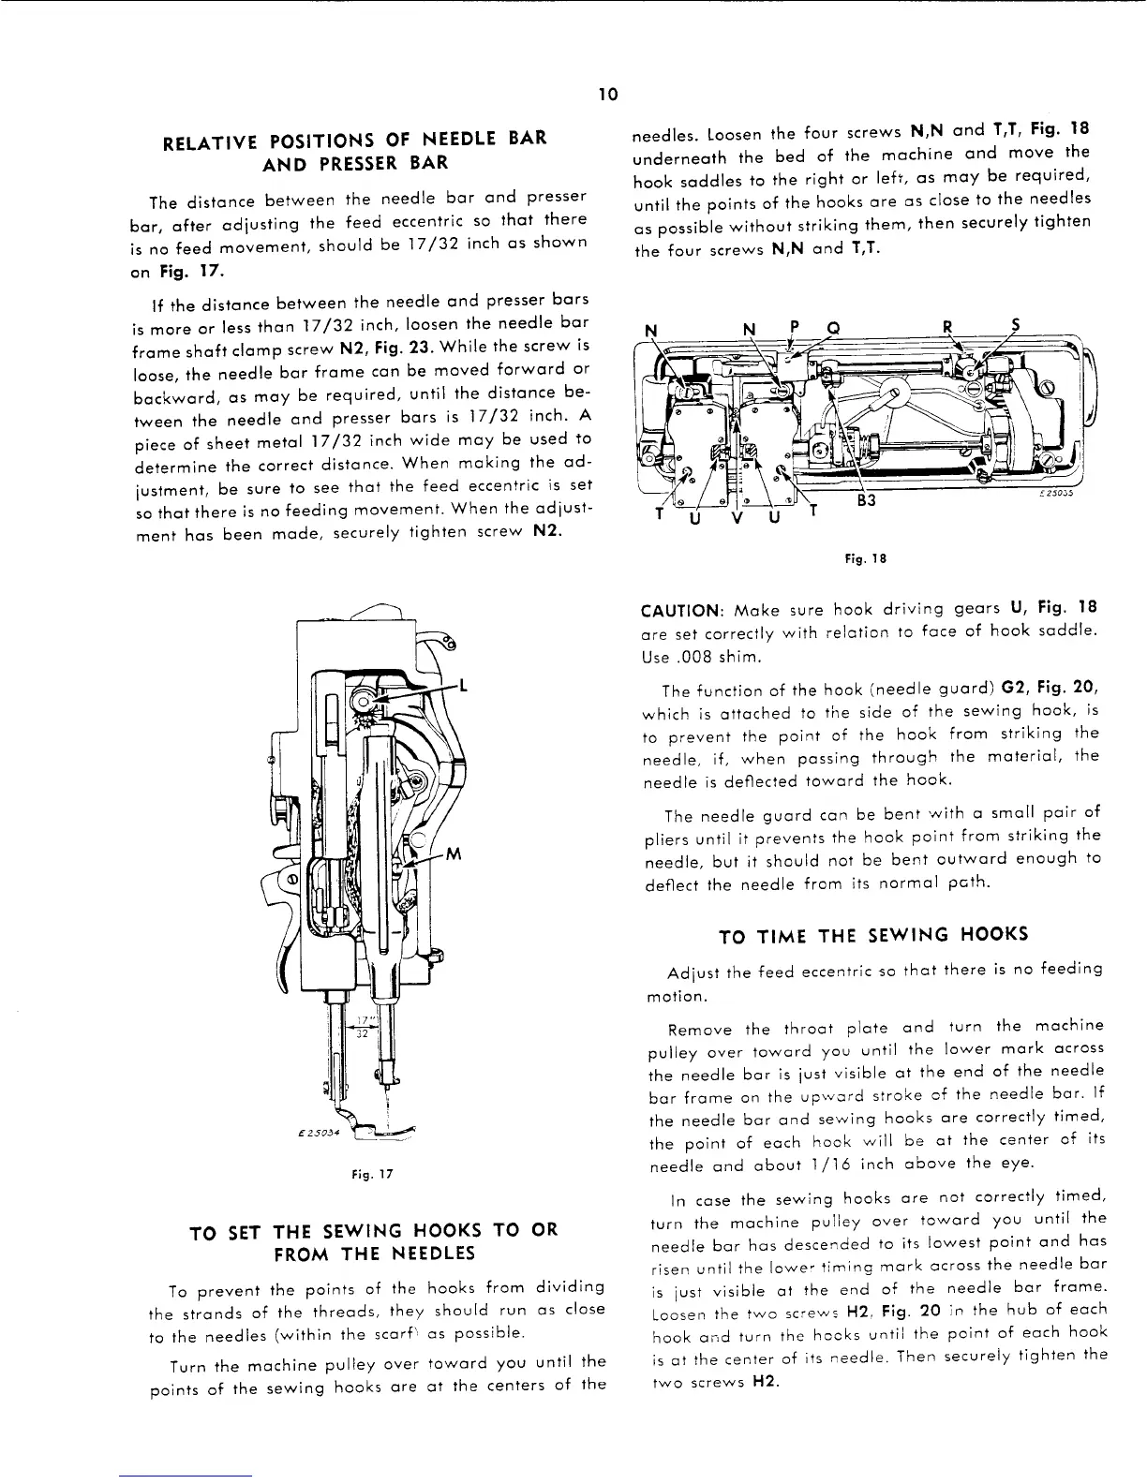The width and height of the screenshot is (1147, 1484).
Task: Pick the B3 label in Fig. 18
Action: (x=866, y=499)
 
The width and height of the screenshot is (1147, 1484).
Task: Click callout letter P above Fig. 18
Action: (x=794, y=328)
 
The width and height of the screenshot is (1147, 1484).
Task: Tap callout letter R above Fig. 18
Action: (x=947, y=328)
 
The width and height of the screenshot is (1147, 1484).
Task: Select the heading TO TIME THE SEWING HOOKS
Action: (x=873, y=934)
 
